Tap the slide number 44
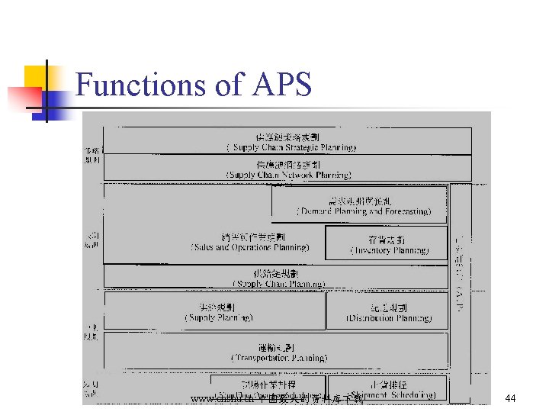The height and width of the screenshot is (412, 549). tap(511, 398)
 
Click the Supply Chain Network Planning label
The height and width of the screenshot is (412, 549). tap(288, 175)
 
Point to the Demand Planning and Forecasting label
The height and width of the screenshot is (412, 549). tap(364, 211)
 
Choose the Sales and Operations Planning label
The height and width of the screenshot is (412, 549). tap(250, 247)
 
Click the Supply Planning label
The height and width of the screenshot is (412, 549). tap(219, 317)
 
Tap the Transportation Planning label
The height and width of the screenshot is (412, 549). tap(279, 357)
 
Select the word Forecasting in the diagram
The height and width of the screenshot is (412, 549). tap(404, 211)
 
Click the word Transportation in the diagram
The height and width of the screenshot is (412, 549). tap(259, 357)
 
